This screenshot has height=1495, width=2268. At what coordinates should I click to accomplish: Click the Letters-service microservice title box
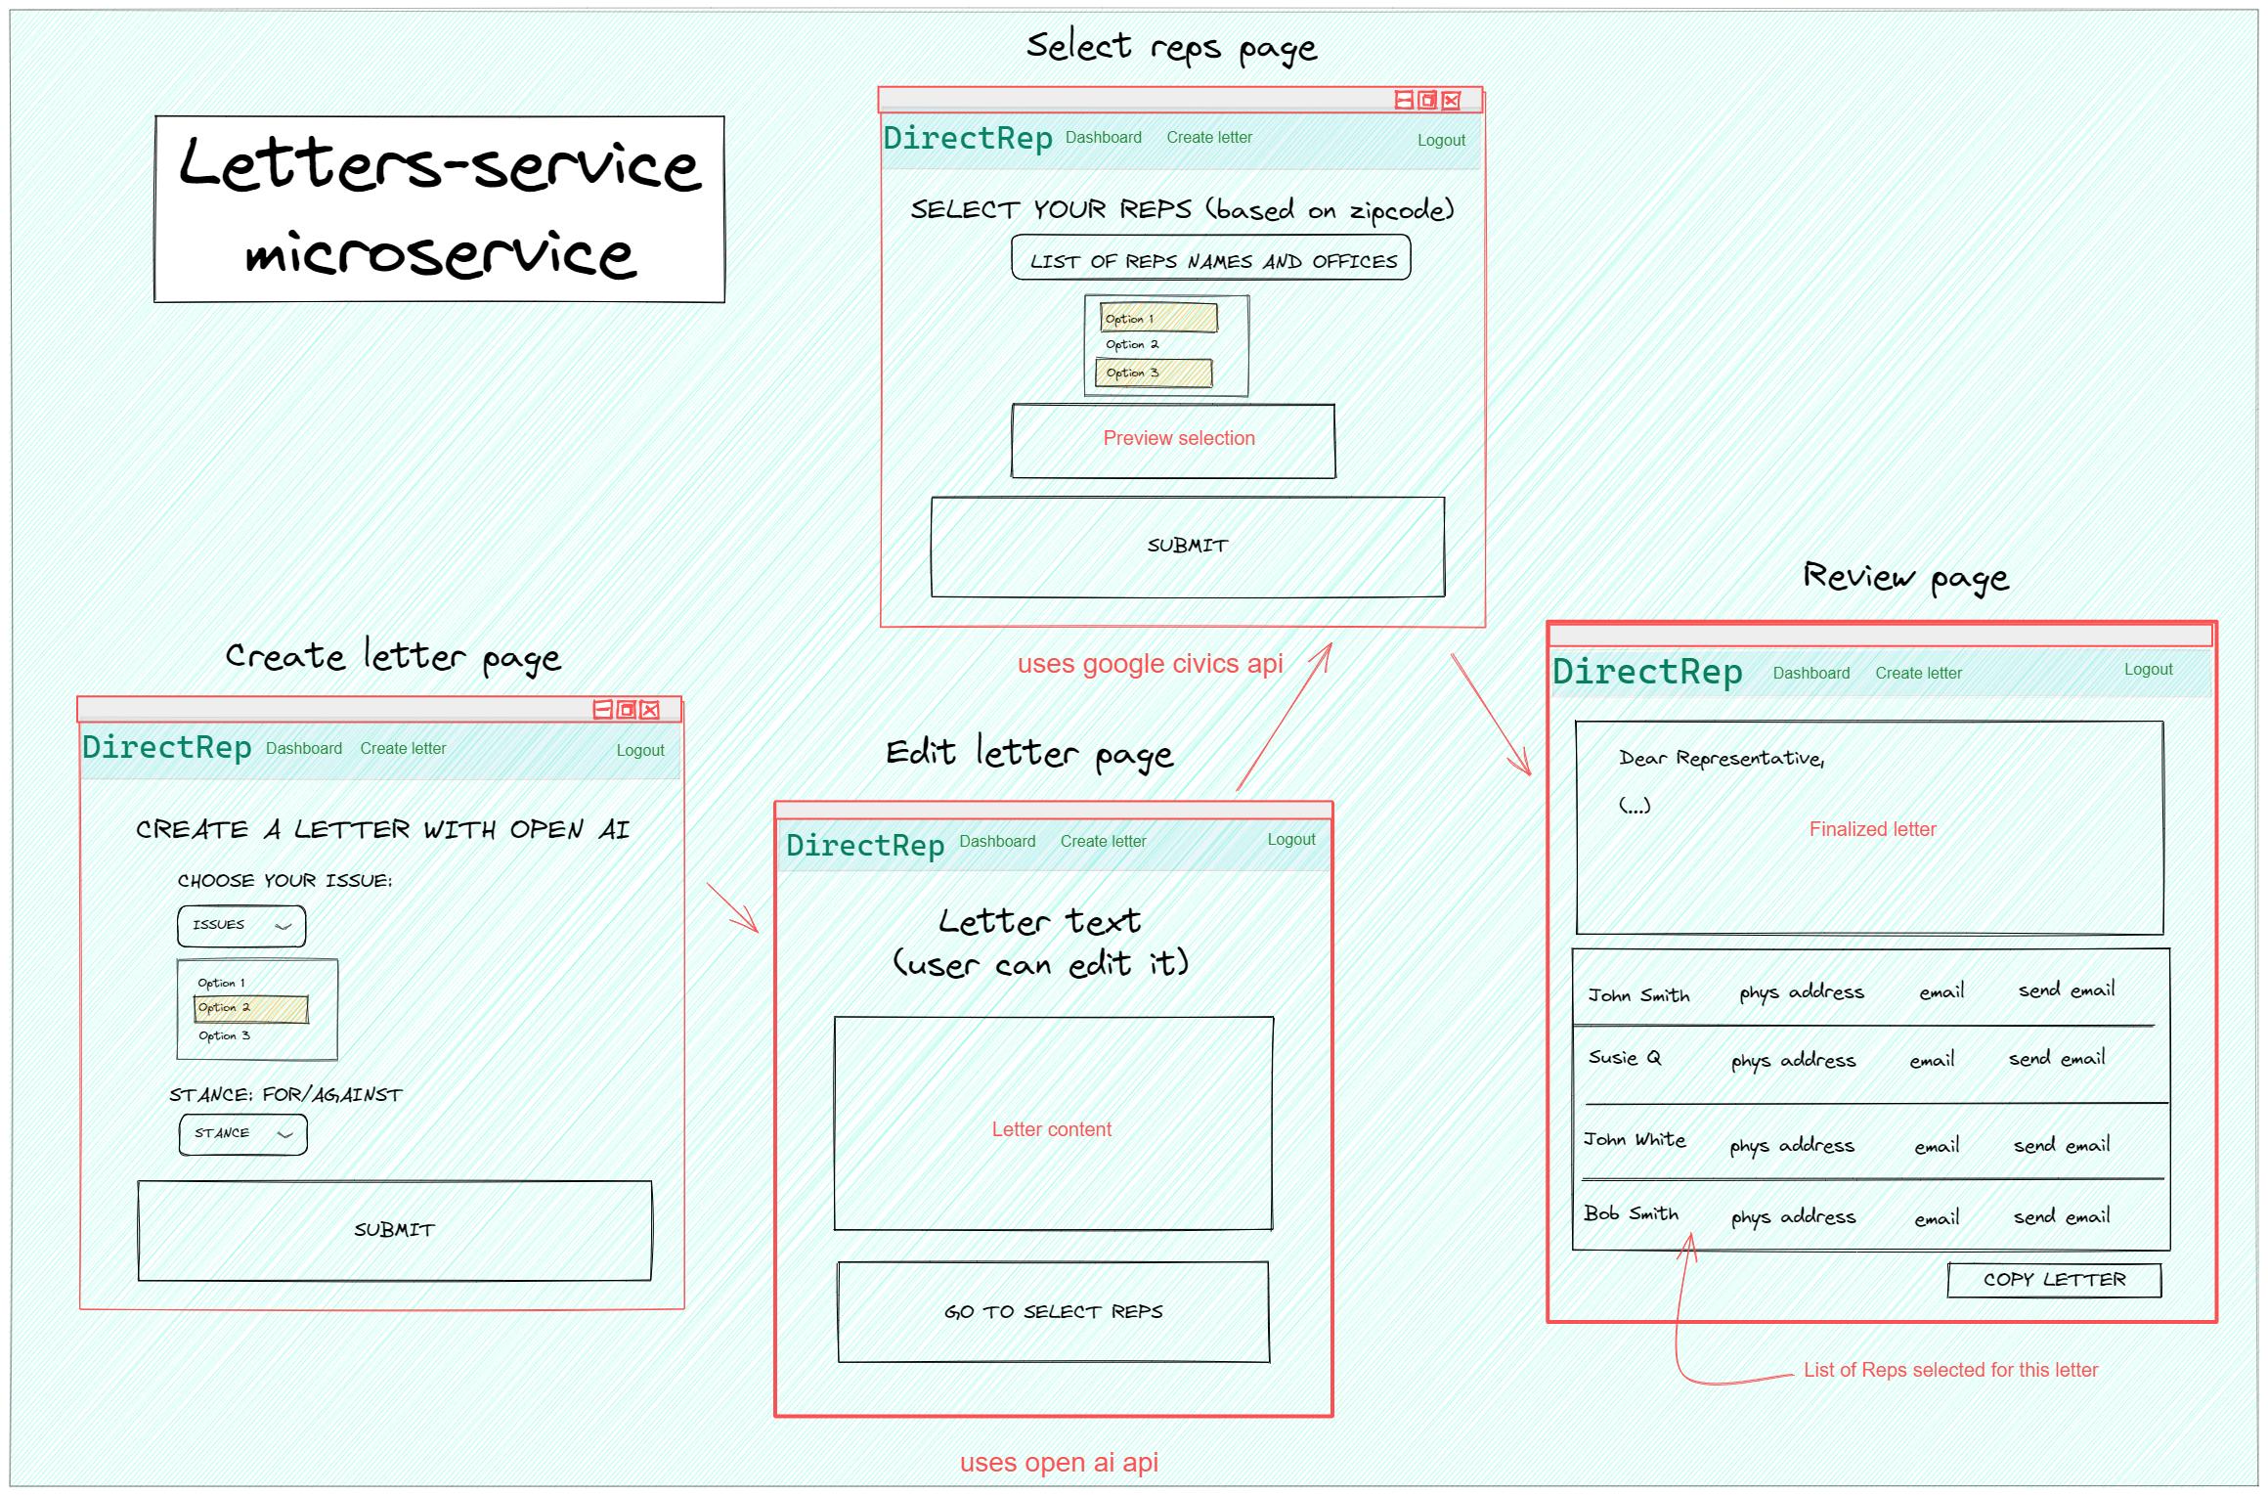(439, 209)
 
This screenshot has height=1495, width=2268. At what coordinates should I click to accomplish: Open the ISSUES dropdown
(241, 925)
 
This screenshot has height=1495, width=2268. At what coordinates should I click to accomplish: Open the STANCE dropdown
(242, 1134)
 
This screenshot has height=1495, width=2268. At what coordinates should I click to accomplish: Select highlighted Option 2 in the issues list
(251, 1008)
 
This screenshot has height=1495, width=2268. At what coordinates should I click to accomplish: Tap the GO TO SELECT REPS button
(1053, 1311)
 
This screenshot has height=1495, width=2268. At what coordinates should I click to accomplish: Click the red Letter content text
(1051, 1129)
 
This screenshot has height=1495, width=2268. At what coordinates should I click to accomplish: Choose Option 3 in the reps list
(1153, 374)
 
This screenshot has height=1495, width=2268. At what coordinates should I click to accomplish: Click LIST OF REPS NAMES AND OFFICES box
(1211, 259)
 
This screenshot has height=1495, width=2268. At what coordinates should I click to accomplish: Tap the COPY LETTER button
(2054, 1280)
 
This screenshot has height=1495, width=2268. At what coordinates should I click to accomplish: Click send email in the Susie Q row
(2056, 1059)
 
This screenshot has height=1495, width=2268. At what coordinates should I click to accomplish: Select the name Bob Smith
(1631, 1213)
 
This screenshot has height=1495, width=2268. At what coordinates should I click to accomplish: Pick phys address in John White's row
(1791, 1145)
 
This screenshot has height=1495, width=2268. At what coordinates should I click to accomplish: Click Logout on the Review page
(2148, 670)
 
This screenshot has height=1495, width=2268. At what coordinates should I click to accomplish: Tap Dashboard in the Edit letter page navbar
(997, 841)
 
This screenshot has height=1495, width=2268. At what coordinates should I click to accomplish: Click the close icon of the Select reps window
(1452, 101)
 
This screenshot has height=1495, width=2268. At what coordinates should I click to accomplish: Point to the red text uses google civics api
(1150, 664)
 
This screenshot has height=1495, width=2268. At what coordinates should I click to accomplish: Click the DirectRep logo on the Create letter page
(167, 748)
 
